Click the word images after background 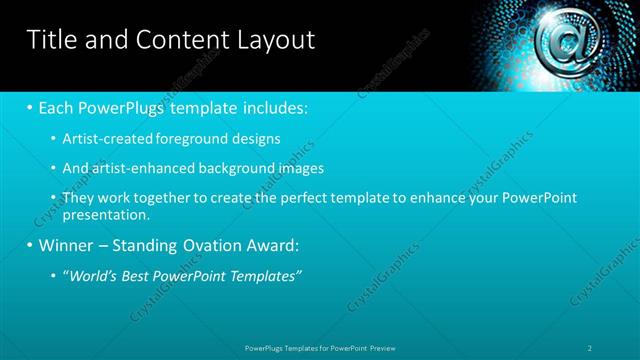pos(295,168)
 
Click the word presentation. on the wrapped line pos(106,214)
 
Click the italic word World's pos(93,275)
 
